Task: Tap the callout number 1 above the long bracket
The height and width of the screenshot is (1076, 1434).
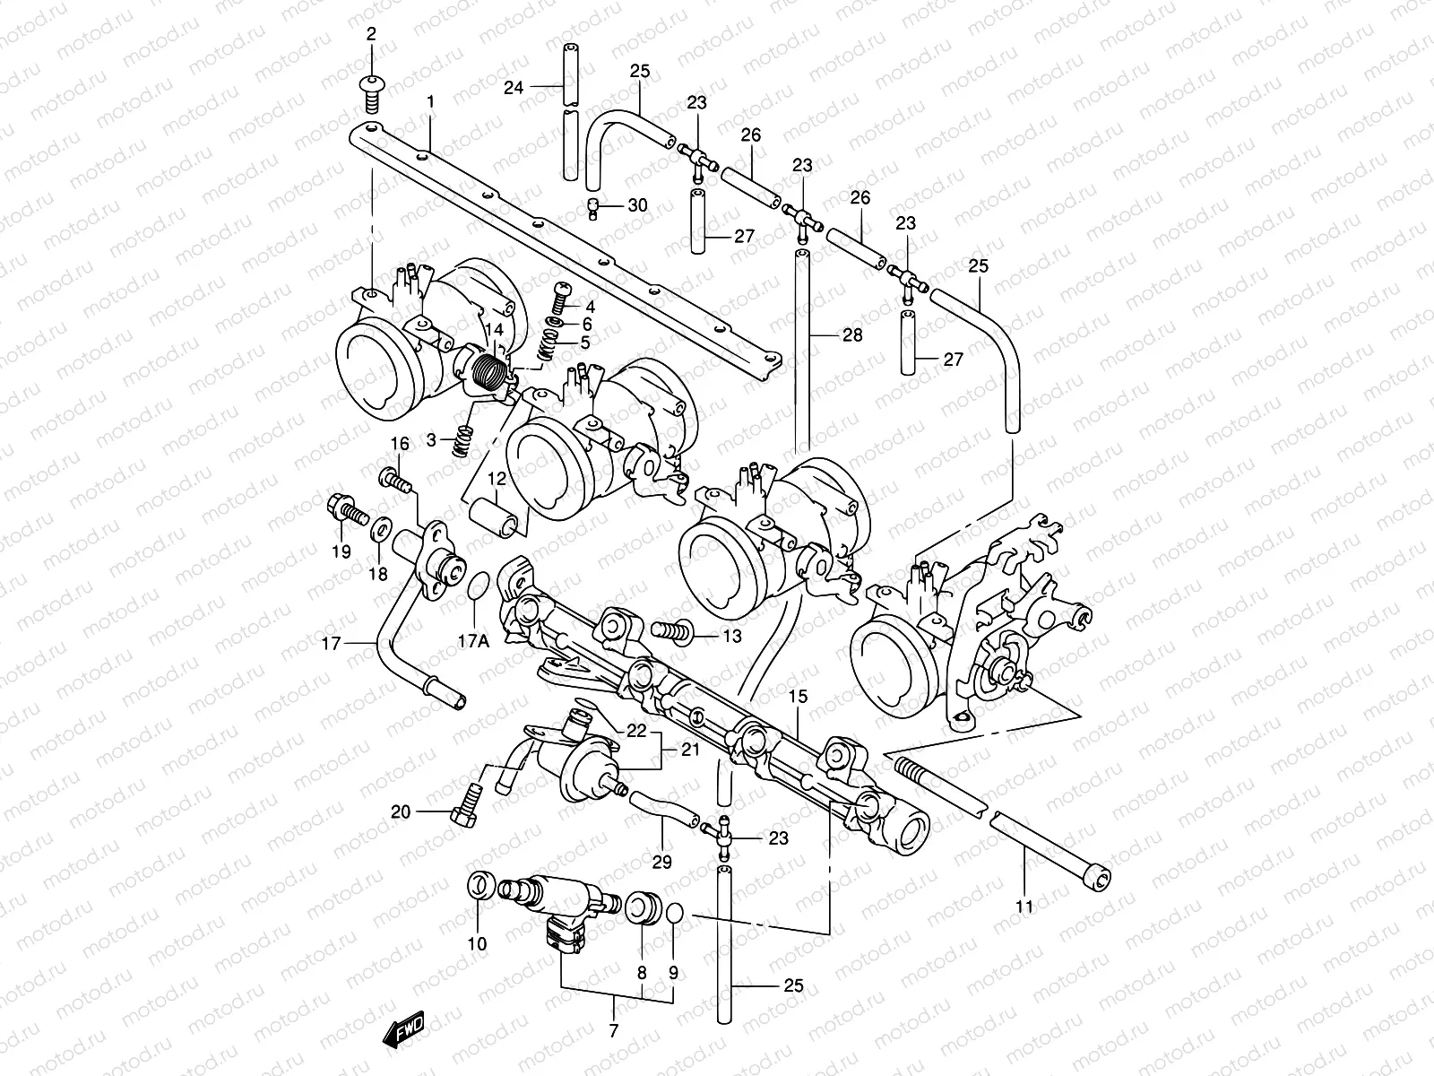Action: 430,102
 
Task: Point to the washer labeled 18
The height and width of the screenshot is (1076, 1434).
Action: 379,528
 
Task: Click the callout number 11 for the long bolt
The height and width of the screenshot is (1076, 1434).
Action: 1024,907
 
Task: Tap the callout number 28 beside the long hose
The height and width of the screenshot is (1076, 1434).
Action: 851,334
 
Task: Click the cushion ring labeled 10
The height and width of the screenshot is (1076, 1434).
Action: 479,886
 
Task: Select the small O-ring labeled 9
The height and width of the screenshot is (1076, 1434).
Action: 675,914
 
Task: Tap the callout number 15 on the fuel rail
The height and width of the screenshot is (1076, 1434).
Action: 798,696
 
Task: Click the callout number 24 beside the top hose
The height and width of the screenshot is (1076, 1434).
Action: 513,87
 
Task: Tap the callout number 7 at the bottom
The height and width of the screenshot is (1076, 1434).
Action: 613,1031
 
